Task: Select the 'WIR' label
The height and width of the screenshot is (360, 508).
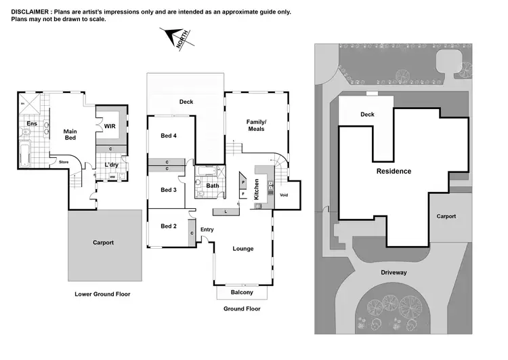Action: [x=108, y=125]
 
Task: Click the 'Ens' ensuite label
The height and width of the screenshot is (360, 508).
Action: [x=31, y=123]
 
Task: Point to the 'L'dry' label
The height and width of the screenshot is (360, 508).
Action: [x=112, y=165]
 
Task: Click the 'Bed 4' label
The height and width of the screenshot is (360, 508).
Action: [x=169, y=136]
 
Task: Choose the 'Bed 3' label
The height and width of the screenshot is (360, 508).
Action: [x=169, y=190]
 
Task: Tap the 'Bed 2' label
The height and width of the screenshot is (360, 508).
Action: [x=169, y=226]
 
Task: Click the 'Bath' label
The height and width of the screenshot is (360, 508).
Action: [x=213, y=185]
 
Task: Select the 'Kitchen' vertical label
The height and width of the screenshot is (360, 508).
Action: [x=257, y=188]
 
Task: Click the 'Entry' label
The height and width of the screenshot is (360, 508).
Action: [x=207, y=230]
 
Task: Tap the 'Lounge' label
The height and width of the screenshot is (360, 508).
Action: [x=242, y=249]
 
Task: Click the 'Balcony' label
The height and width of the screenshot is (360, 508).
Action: [x=242, y=292]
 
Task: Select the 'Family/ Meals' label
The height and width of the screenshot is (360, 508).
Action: [x=256, y=125]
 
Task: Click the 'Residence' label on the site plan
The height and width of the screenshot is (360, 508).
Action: [x=394, y=172]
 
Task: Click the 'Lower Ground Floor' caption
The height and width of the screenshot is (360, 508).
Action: [x=102, y=294]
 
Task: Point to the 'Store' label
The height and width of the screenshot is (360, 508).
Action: [x=64, y=162]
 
